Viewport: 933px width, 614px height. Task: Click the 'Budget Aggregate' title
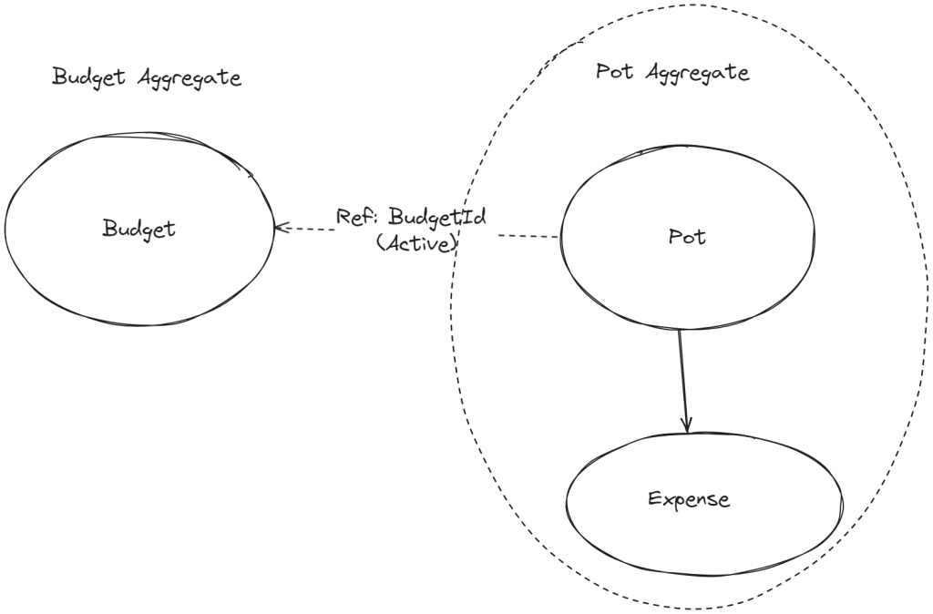pos(147,78)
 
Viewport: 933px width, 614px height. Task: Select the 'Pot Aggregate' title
pos(672,74)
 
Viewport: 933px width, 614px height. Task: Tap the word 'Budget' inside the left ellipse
pos(138,229)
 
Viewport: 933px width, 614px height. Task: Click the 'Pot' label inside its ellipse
pos(687,238)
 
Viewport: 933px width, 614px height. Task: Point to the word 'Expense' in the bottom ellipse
pos(689,499)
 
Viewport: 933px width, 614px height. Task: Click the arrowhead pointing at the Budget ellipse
pos(278,228)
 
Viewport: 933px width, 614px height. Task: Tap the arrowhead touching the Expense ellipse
pos(686,425)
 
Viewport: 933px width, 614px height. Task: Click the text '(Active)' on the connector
pos(415,244)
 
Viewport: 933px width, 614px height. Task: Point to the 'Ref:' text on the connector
pos(357,217)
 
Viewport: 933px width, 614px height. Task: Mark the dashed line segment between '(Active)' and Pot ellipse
pos(528,237)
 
